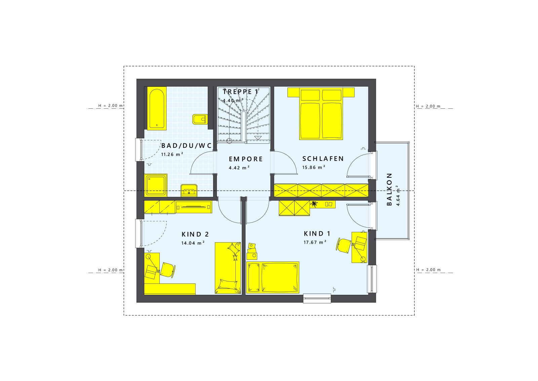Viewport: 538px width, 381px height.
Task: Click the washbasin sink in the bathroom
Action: point(189,190)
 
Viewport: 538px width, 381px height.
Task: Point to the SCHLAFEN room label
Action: point(323,159)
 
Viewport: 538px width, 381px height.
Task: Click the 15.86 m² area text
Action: point(313,167)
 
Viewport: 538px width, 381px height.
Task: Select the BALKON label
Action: point(389,189)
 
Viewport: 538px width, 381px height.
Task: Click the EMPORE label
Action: point(246,159)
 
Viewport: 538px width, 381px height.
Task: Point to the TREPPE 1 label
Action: point(240,92)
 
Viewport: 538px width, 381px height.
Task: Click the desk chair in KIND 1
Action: point(344,245)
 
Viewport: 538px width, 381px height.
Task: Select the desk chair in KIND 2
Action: point(167,269)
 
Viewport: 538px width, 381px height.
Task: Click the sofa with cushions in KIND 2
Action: point(228,268)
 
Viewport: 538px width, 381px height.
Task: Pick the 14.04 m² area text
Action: point(193,243)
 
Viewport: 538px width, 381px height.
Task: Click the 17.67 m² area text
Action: point(315,242)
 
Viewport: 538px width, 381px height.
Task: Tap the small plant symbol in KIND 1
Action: point(314,204)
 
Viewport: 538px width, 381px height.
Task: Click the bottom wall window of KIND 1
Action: point(317,298)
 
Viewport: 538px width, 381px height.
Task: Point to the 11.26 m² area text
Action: point(172,154)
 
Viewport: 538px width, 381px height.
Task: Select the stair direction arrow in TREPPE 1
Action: point(258,138)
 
